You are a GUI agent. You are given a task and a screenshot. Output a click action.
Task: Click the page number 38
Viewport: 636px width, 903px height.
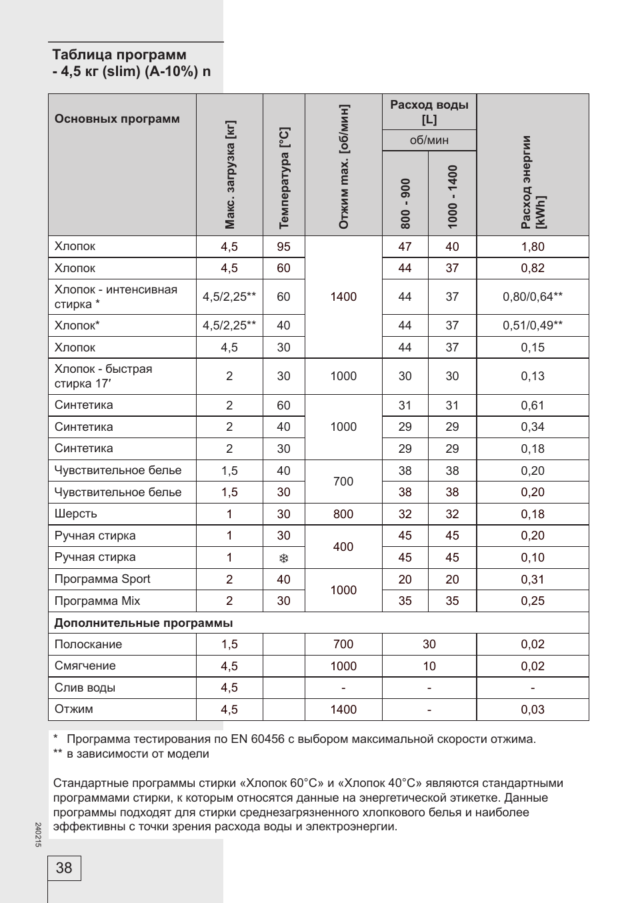coord(64,868)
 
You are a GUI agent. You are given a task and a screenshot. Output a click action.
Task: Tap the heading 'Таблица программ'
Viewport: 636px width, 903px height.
coord(119,55)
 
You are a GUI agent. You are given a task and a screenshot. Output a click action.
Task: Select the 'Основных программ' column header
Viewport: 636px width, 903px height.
coord(117,119)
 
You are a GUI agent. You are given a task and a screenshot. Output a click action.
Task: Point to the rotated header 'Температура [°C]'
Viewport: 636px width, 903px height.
coord(284,178)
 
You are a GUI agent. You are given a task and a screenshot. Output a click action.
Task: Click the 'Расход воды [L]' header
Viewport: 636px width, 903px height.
coord(429,112)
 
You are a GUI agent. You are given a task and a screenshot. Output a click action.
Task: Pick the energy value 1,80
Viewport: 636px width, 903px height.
coord(533,247)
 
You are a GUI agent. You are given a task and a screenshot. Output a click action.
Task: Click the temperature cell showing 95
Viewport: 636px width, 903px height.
coord(284,247)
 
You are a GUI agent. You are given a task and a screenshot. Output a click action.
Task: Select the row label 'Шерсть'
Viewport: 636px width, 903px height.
coord(76,514)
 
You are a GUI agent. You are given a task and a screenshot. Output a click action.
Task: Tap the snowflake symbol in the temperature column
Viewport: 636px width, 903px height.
coord(284,558)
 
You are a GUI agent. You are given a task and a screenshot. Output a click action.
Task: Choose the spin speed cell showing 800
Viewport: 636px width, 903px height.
coord(343,514)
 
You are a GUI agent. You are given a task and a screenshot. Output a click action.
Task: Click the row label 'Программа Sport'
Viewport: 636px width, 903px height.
coord(103,579)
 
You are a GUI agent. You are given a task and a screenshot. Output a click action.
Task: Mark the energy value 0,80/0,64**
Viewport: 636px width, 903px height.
coord(533,297)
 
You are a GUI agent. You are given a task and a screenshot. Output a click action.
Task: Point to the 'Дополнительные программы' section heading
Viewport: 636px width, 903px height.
coord(143,623)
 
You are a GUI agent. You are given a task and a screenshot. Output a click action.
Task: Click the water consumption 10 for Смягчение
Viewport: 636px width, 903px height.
coord(429,666)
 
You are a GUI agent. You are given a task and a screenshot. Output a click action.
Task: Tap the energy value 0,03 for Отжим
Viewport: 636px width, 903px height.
coord(533,710)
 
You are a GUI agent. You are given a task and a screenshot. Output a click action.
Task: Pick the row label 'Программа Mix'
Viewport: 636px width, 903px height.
coord(97,601)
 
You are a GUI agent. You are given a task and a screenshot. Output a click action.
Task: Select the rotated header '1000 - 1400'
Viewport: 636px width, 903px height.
coord(453,197)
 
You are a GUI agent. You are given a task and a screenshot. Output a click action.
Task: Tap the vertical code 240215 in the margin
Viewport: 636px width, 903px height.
coord(38,835)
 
